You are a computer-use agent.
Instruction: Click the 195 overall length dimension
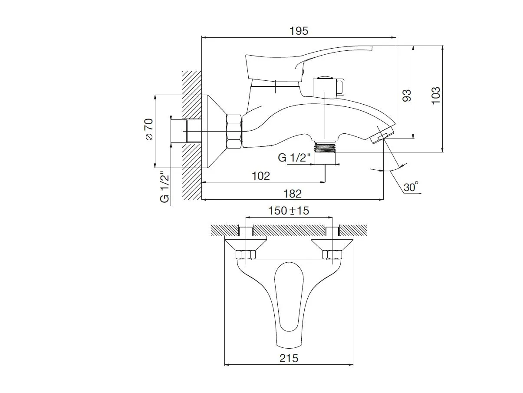pos(299,31)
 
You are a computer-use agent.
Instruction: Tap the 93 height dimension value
pos(407,96)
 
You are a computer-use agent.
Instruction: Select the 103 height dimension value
pos(436,96)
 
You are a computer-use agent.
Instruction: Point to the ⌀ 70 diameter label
pos(149,129)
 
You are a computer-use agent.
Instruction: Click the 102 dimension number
pos(261,176)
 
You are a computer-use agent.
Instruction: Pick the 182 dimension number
pos(293,194)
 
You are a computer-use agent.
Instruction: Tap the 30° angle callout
pos(411,187)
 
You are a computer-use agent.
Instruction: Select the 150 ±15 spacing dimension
pos(289,211)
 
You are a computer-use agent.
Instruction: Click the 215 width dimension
pos(289,365)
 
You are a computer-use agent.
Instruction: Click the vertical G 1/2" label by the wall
pos(164,187)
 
